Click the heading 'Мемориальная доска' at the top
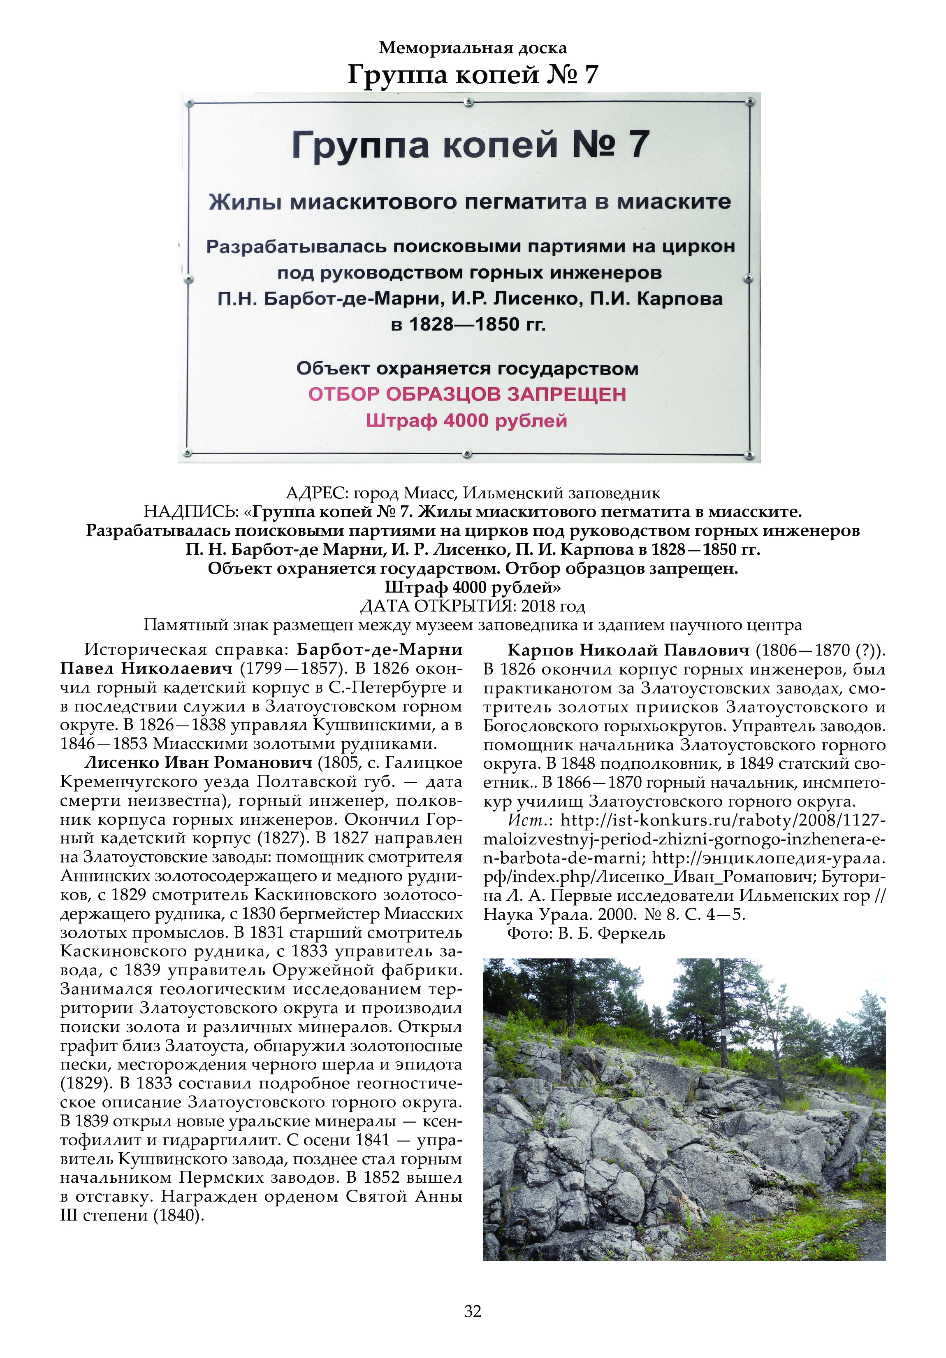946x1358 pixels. point(473,47)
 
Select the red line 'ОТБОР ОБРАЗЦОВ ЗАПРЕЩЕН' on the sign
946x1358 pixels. point(467,395)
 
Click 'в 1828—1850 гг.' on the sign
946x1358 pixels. point(468,324)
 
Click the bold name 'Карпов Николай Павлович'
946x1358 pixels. point(628,650)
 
